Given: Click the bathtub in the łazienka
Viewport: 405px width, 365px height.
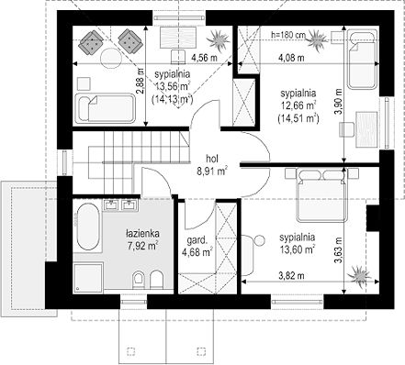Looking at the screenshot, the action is [88, 227].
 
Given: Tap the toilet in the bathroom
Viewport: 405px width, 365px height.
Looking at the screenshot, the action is [139, 279].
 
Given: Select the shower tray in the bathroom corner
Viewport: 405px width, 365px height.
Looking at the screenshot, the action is [88, 277].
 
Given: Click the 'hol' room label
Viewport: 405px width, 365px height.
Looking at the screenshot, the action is [212, 159].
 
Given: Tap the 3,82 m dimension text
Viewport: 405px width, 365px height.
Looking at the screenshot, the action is [291, 276].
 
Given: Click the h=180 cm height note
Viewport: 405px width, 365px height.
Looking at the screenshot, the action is [288, 35].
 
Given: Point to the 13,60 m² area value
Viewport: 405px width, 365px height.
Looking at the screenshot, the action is [298, 249].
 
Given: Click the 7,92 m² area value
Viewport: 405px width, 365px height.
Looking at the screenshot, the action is [142, 246].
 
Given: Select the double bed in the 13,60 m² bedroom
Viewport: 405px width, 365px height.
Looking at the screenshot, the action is [321, 194].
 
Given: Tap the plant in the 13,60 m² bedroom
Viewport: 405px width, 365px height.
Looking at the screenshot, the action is [359, 274].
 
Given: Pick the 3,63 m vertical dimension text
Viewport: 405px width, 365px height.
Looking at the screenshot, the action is [338, 250].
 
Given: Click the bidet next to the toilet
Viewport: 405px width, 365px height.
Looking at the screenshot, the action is [156, 279].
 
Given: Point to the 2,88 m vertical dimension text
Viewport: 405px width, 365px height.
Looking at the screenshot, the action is [141, 81].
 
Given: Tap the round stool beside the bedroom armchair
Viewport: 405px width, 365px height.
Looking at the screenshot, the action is [260, 240].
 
